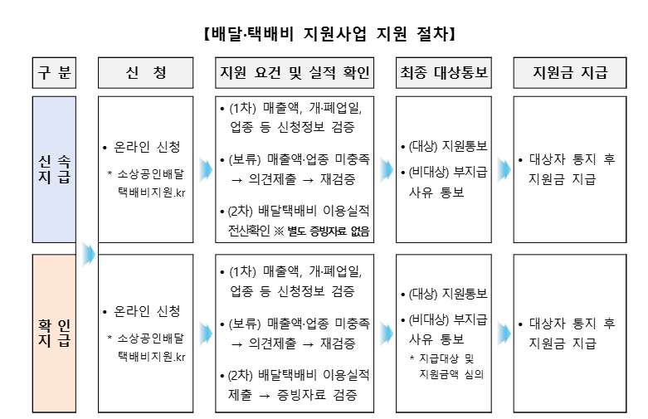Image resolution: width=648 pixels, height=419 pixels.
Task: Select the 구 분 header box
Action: point(54,73)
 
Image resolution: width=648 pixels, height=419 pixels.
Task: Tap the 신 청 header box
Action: point(149,73)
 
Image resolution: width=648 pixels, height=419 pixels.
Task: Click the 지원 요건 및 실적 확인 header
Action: point(295,73)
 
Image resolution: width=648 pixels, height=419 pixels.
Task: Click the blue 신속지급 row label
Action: point(54,169)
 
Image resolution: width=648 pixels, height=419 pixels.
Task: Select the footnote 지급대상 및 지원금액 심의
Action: point(451,366)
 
